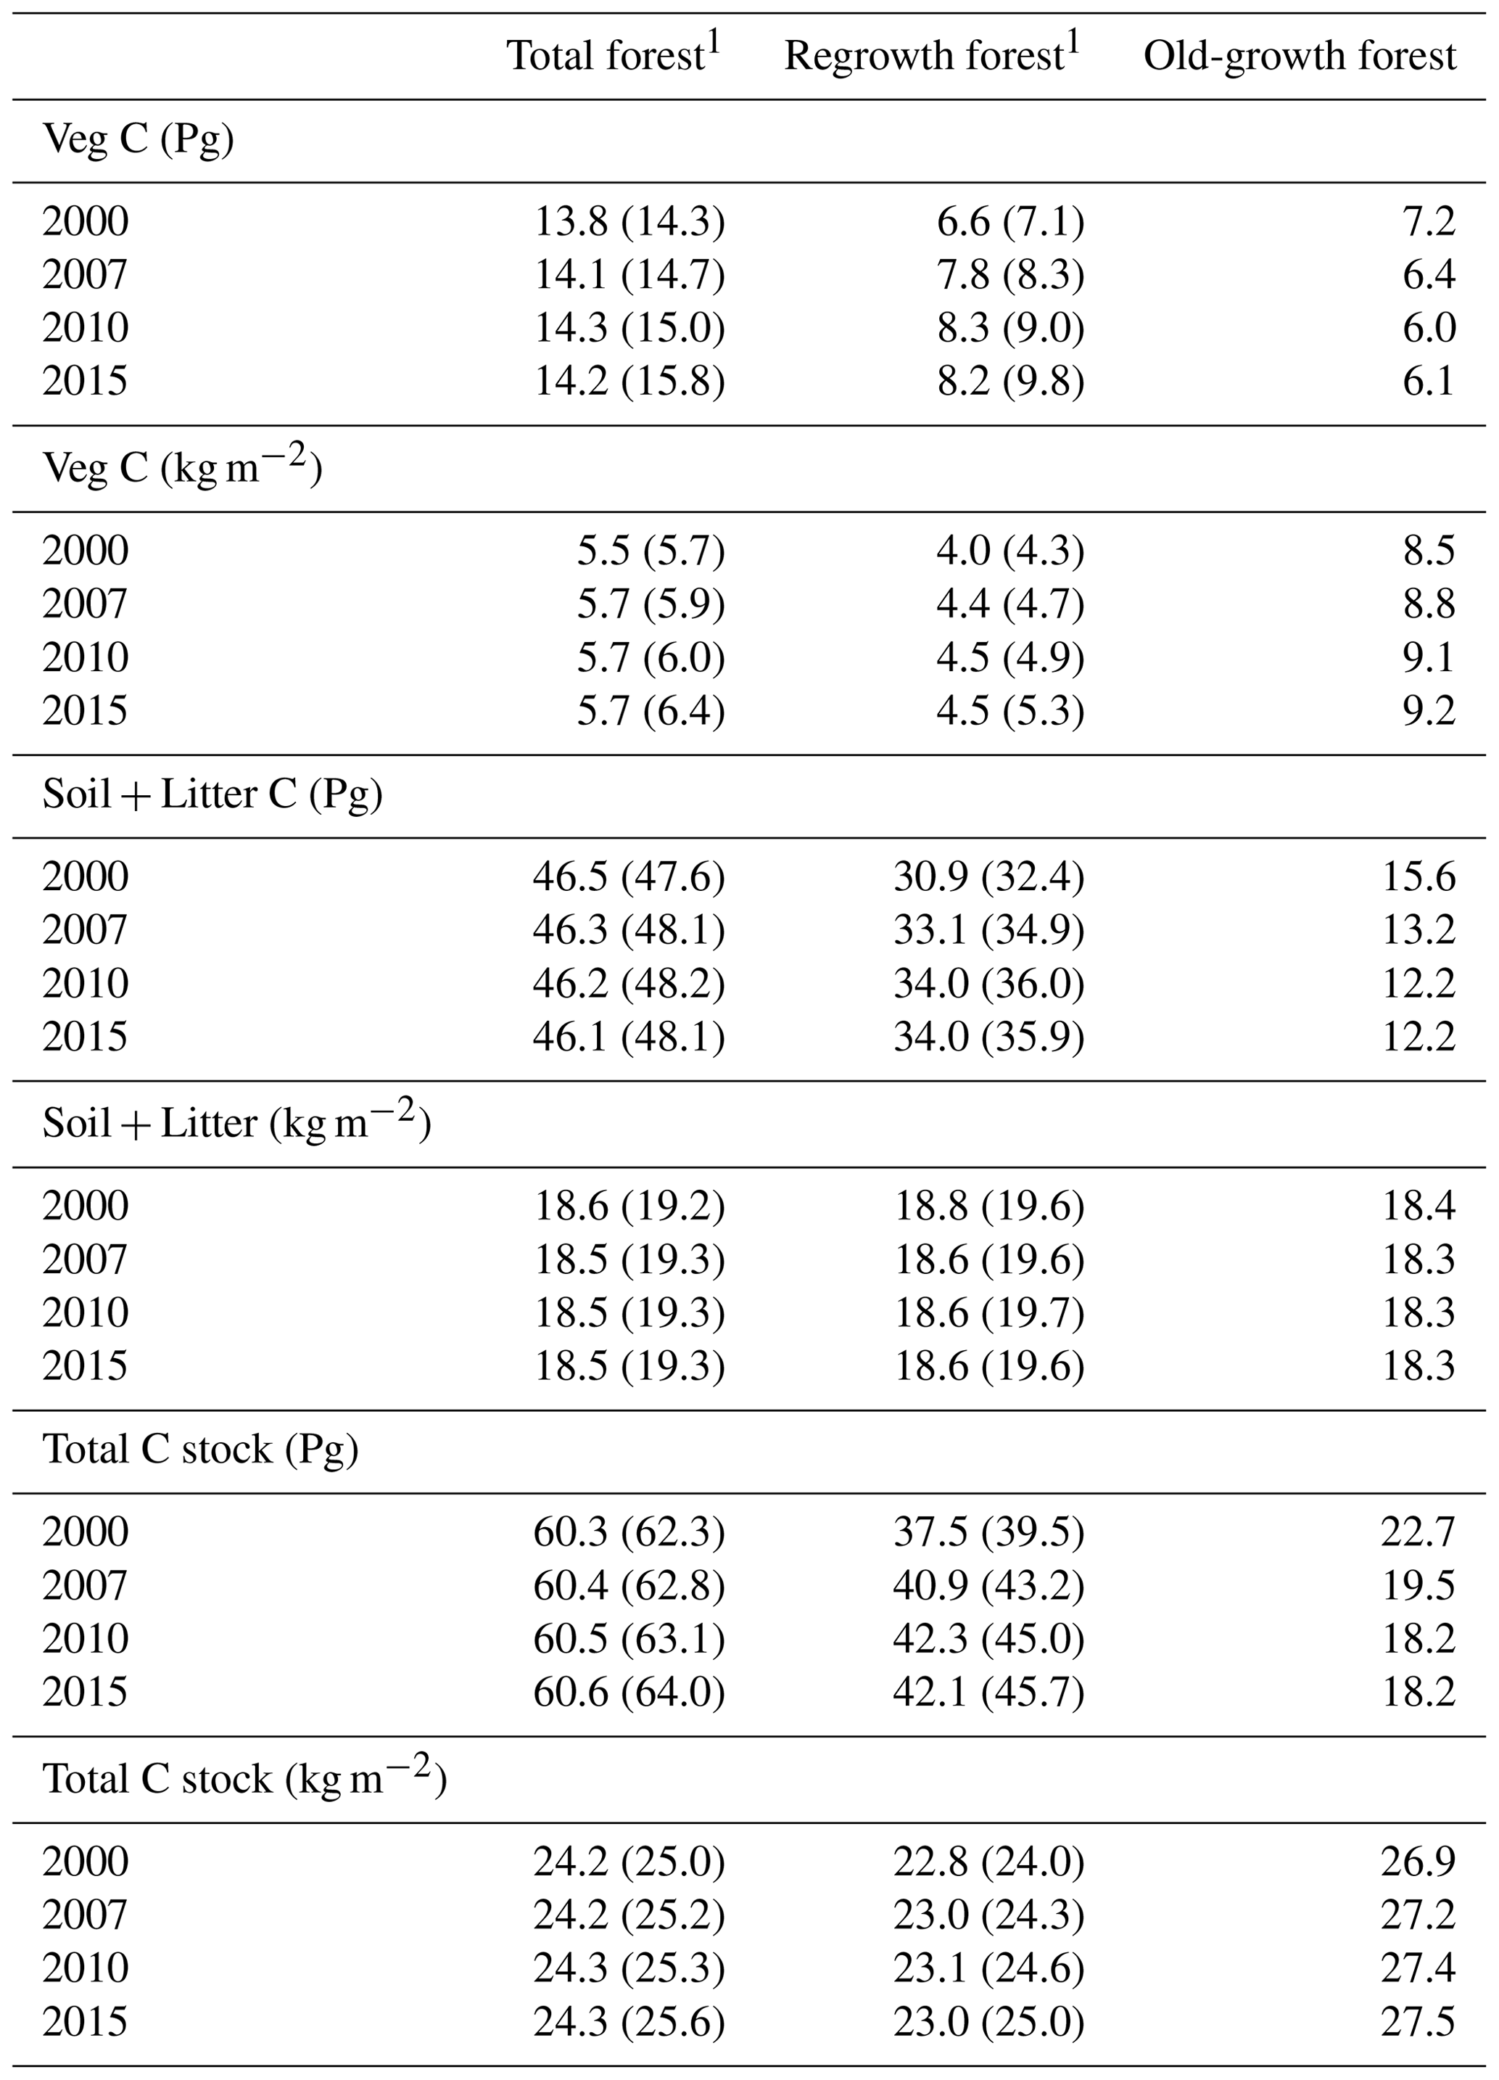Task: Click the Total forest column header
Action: pos(612,56)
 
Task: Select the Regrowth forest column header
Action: pos(930,56)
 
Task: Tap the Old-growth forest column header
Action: pos(1298,56)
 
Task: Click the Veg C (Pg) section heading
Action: pos(138,140)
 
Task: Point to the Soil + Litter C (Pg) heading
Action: pos(212,795)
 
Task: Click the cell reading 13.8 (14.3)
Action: pos(629,222)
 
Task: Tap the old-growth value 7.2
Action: pos(1429,222)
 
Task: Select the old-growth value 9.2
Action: pos(1429,711)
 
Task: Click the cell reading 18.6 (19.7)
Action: pos(988,1312)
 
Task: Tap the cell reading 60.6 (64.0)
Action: pos(629,1692)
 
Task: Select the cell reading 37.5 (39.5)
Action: pos(988,1532)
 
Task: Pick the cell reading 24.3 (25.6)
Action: pos(629,2021)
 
